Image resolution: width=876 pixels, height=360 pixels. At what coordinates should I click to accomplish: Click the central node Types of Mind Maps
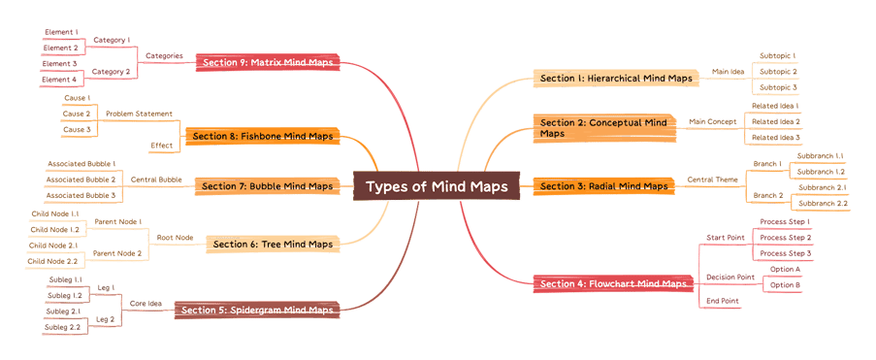point(437,186)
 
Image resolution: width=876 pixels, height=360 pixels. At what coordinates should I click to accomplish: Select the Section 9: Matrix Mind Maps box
point(268,62)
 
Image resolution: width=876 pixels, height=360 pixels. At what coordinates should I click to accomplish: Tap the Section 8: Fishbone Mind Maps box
point(262,136)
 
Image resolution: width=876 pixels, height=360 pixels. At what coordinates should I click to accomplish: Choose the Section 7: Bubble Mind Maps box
point(264,185)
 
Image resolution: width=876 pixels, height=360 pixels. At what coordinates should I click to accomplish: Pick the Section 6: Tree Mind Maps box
point(273,244)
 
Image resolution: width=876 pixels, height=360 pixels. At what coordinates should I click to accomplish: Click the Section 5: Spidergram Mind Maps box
point(260,311)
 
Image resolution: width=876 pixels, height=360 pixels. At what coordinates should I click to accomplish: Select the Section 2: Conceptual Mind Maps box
point(603,128)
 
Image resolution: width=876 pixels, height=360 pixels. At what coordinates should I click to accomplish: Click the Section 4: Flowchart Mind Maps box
point(613,283)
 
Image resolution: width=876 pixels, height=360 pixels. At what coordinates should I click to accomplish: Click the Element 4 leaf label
point(59,80)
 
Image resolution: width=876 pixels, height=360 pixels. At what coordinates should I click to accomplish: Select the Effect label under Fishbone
point(161,146)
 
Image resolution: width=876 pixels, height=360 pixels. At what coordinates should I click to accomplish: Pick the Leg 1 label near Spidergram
point(105,287)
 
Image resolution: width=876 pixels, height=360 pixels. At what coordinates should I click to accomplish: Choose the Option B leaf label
point(784,285)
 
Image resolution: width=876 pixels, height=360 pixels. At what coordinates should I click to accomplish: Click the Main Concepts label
point(712,121)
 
